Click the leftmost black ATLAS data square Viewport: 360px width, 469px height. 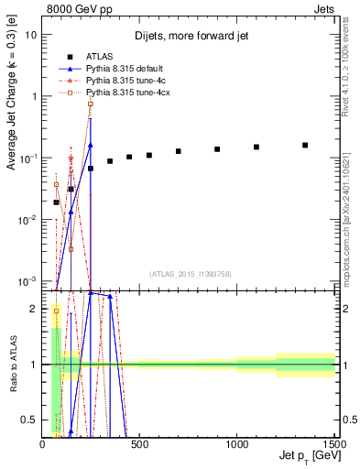(56, 202)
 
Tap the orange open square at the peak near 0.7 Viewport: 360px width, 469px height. (91, 104)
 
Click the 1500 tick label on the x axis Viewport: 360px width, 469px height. (333, 444)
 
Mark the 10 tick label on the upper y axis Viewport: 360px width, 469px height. (32, 34)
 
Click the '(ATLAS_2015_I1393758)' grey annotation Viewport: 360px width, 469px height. (190, 273)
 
